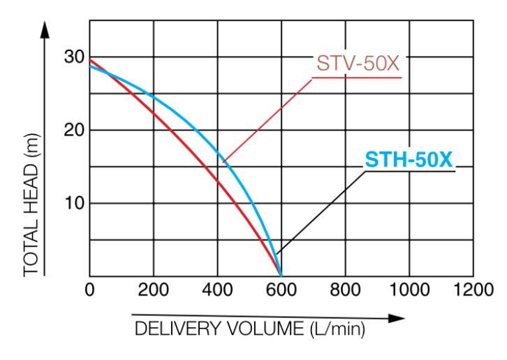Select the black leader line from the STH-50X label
[x=321, y=210]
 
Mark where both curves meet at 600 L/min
[x=281, y=275]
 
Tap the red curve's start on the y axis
[x=90, y=59]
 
